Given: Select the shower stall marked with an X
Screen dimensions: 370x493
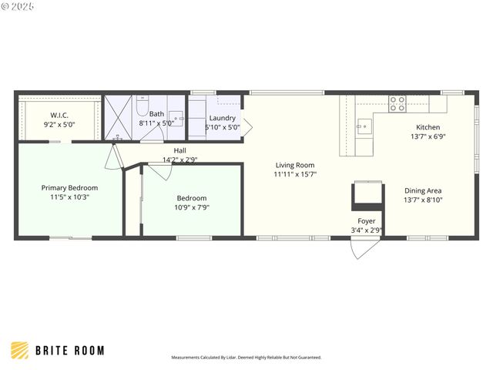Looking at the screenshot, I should click(x=119, y=118).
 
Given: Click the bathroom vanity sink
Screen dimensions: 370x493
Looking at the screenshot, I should click(x=176, y=119).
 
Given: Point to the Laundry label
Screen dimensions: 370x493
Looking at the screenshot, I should click(x=222, y=118).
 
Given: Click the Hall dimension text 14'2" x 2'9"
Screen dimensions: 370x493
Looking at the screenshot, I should click(x=179, y=160).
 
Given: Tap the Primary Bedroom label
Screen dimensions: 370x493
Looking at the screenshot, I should click(x=69, y=187).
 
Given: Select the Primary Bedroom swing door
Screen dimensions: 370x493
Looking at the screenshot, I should click(x=114, y=157).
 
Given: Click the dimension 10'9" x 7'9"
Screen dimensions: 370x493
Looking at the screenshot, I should click(x=193, y=207).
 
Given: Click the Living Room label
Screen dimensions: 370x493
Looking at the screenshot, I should click(x=295, y=165).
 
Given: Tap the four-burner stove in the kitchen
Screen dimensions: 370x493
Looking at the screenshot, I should click(x=397, y=103).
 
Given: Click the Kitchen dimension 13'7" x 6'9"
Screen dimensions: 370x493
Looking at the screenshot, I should click(x=428, y=137).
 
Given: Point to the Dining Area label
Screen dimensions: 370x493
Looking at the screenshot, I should click(x=423, y=190).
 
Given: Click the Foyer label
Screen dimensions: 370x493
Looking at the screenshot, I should click(x=367, y=221).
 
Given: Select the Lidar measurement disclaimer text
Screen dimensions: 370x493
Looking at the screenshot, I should click(x=246, y=358).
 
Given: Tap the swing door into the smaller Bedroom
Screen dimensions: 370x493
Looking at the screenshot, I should click(x=160, y=171).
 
